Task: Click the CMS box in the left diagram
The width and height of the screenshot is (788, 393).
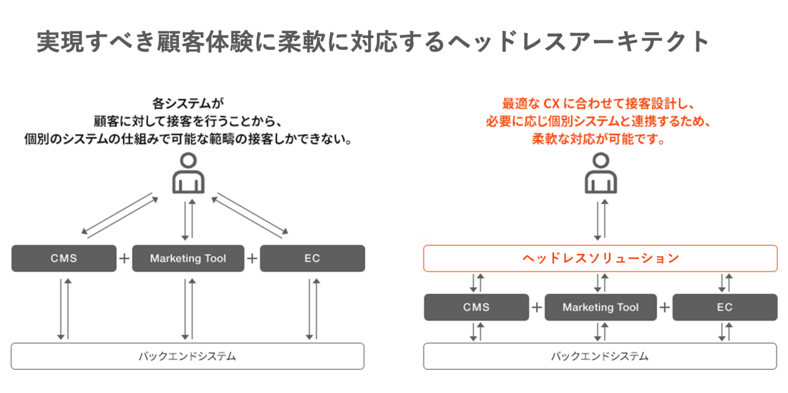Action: click(64, 258)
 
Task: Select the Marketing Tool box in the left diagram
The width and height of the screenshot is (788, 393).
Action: click(188, 258)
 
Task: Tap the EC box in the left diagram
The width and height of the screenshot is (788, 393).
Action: click(312, 258)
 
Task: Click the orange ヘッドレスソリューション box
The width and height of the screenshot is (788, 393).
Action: click(600, 258)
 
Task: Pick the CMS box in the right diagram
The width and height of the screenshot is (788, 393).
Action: click(476, 307)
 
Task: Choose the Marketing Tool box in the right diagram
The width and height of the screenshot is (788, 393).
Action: click(600, 307)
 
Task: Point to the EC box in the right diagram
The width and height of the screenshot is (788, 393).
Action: click(725, 307)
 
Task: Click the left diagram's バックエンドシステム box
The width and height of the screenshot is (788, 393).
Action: click(187, 356)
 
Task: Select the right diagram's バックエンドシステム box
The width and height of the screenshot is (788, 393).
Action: click(600, 356)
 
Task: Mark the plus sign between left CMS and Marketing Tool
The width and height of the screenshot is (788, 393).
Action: click(124, 258)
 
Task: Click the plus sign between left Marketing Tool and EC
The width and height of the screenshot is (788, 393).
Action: click(252, 258)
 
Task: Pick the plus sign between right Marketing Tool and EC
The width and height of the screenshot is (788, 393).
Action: click(665, 307)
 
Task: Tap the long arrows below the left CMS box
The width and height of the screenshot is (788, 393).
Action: click(64, 309)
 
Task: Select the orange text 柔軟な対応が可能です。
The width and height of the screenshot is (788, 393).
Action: click(600, 139)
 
